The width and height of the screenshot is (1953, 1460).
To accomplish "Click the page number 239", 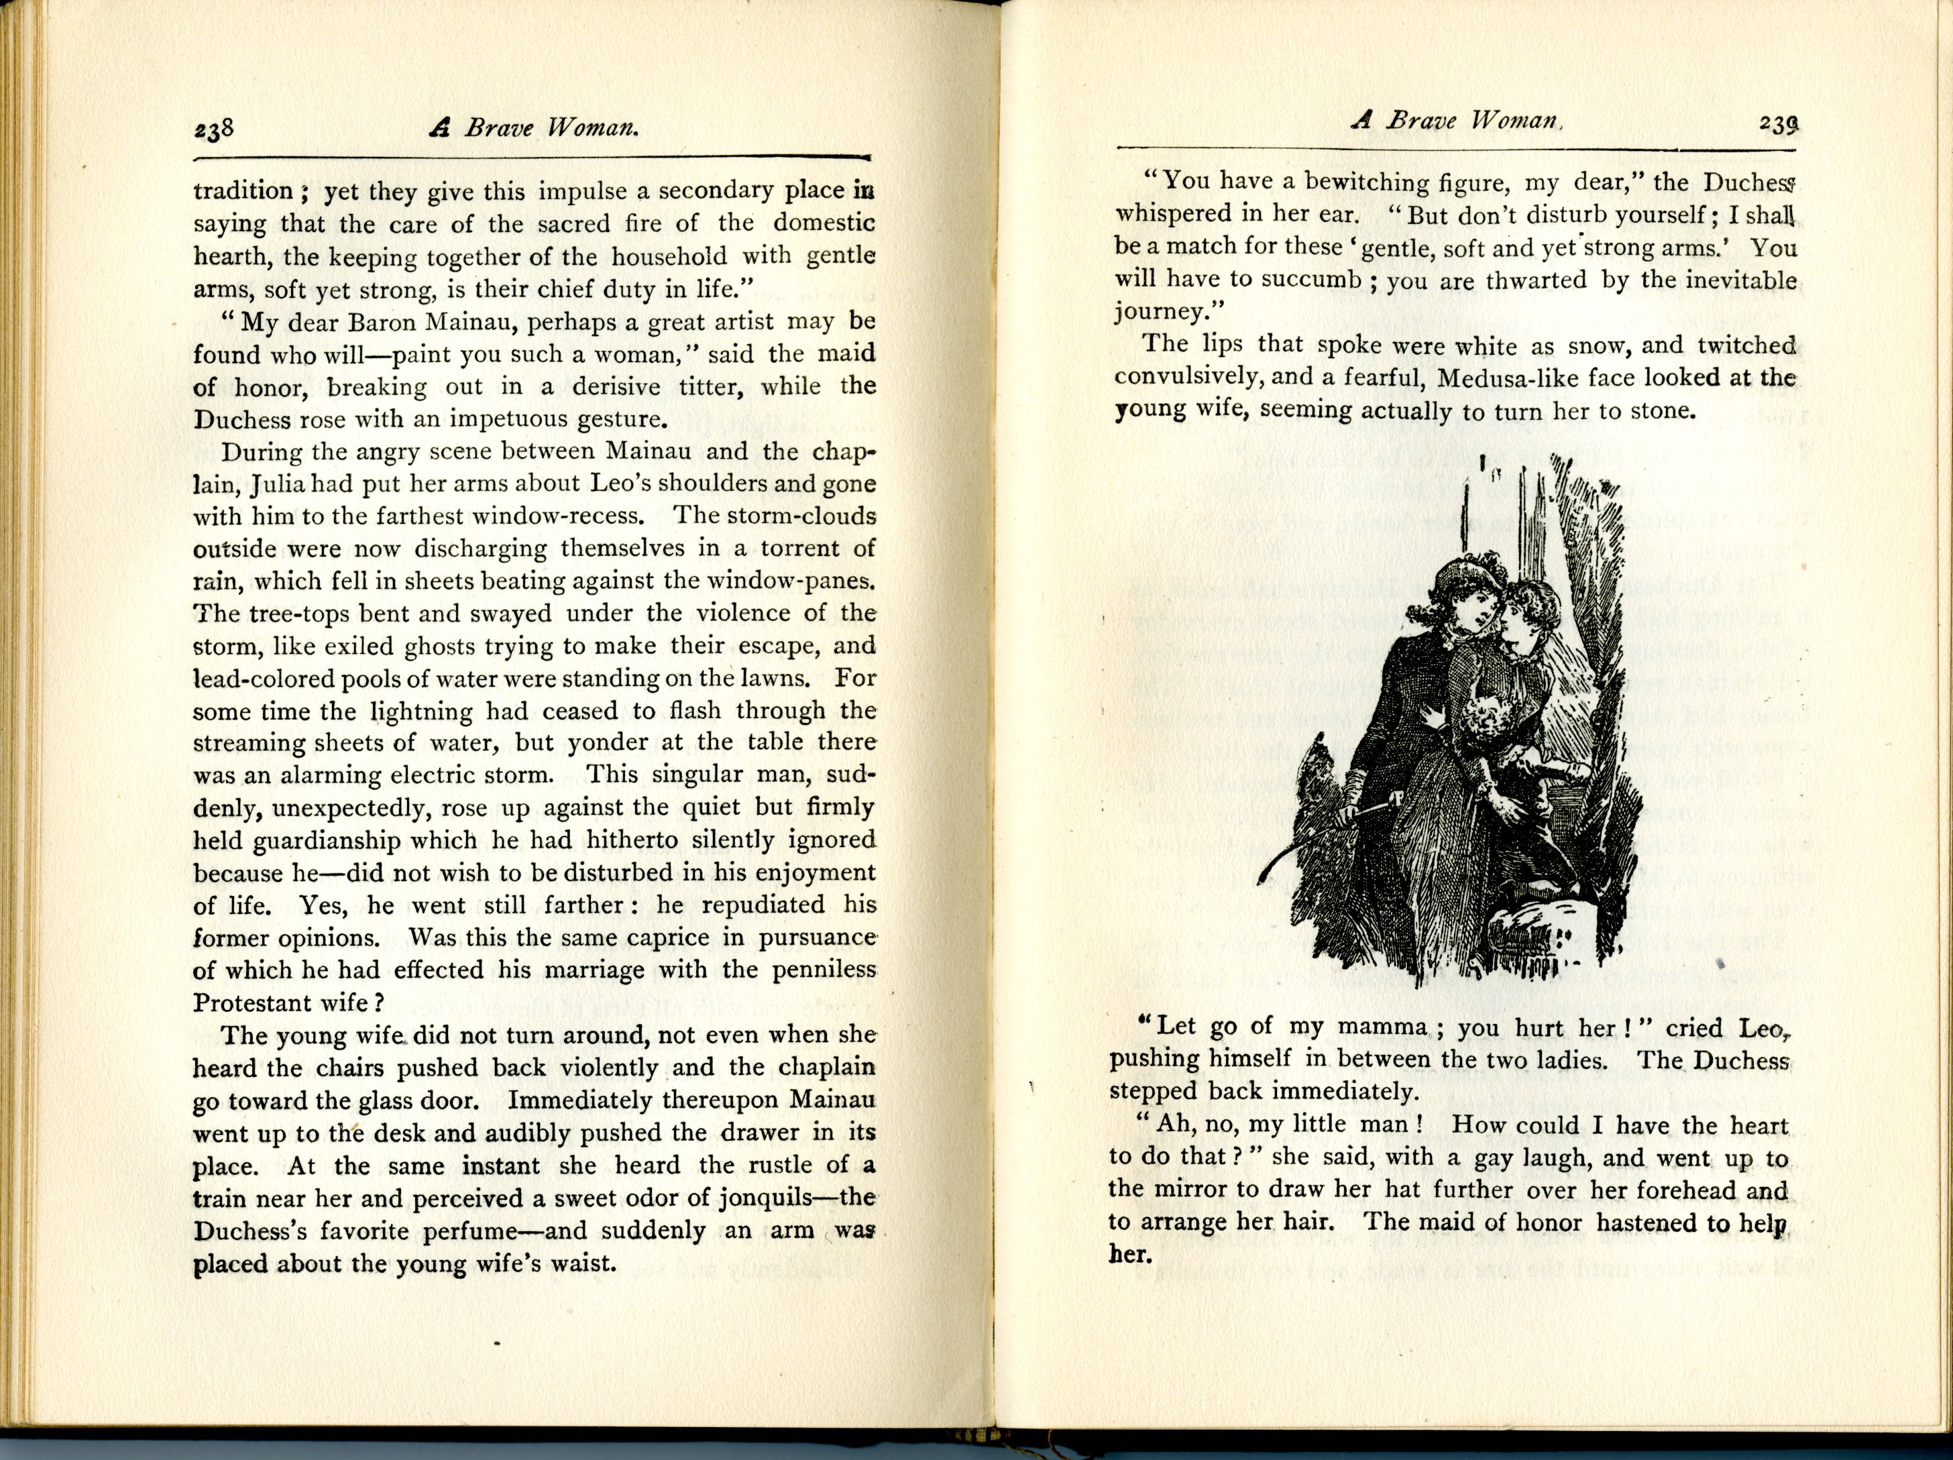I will click(x=1777, y=125).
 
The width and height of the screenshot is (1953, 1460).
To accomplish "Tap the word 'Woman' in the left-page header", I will click(x=592, y=128).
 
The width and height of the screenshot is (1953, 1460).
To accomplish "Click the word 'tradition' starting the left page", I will click(x=243, y=192).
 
